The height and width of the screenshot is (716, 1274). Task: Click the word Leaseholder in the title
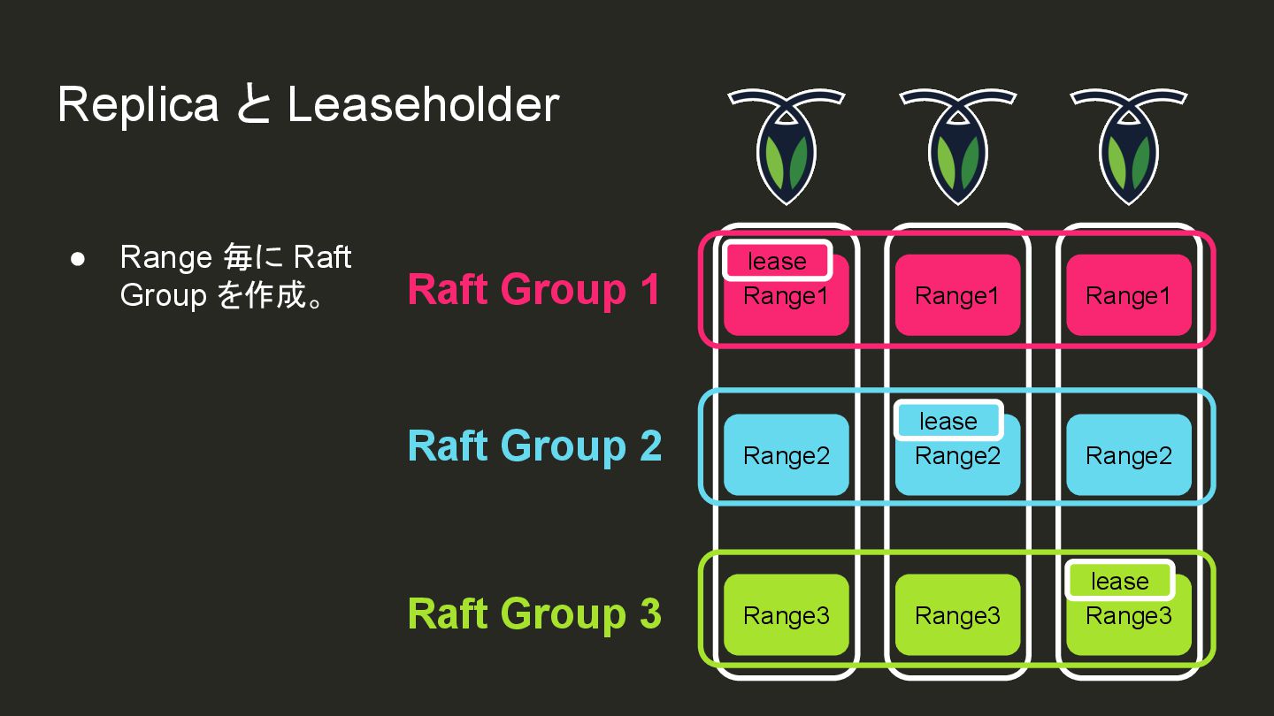pyautogui.click(x=423, y=104)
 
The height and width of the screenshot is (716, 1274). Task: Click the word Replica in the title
pyautogui.click(x=137, y=104)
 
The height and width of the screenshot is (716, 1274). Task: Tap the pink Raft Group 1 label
pyautogui.click(x=533, y=290)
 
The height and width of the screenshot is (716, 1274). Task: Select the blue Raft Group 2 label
pyautogui.click(x=534, y=446)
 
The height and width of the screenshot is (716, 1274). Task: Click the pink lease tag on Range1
pyautogui.click(x=778, y=261)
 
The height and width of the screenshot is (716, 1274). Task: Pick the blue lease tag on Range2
pyautogui.click(x=948, y=421)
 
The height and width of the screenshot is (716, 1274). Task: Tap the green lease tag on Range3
pyautogui.click(x=1119, y=581)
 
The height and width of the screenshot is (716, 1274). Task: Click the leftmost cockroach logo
pyautogui.click(x=786, y=145)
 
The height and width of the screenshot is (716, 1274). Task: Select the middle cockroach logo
pyautogui.click(x=957, y=145)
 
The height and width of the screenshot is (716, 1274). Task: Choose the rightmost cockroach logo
pyautogui.click(x=1128, y=145)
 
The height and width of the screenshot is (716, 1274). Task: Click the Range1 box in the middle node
pyautogui.click(x=957, y=295)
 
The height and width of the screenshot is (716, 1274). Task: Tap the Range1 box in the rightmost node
pyautogui.click(x=1128, y=295)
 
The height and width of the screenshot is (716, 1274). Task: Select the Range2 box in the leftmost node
pyautogui.click(x=786, y=455)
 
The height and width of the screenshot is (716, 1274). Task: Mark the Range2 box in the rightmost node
pyautogui.click(x=1128, y=455)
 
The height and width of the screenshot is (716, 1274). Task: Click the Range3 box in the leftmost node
pyautogui.click(x=786, y=615)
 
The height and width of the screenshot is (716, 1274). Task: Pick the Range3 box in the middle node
pyautogui.click(x=957, y=615)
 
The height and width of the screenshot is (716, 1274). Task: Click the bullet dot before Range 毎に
pyautogui.click(x=77, y=258)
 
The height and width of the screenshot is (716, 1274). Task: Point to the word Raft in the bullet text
pyautogui.click(x=322, y=257)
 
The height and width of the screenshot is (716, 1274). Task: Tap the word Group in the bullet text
pyautogui.click(x=163, y=294)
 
